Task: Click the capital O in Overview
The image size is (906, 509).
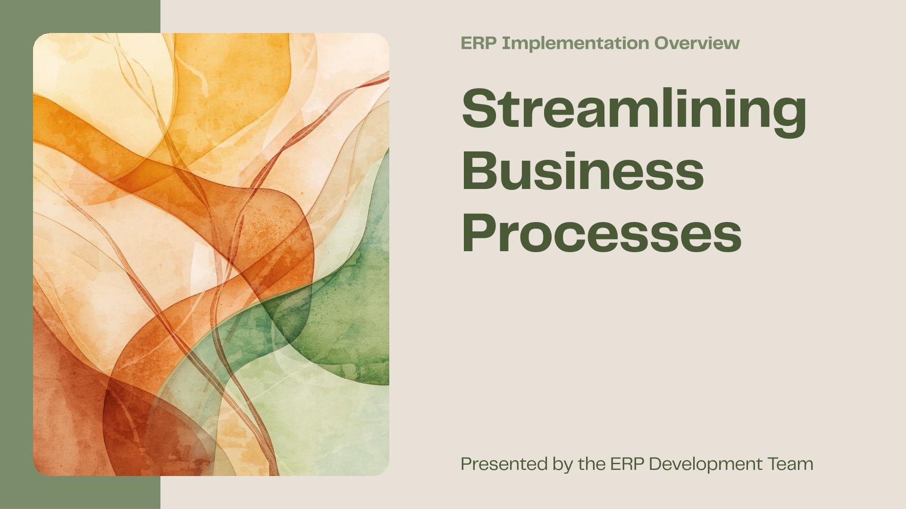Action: (x=662, y=43)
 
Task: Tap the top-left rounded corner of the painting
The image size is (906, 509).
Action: (x=37, y=37)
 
